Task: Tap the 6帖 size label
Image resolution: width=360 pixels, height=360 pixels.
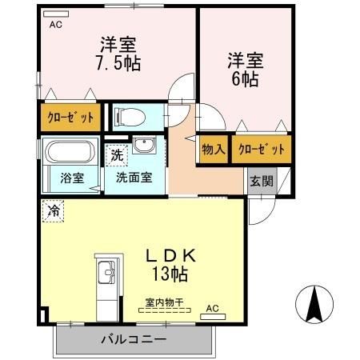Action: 246,80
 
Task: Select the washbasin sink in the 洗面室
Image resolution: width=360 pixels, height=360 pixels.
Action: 145,146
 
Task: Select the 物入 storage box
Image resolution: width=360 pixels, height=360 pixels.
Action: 214,150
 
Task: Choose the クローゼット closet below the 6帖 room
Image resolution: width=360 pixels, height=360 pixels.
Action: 261,150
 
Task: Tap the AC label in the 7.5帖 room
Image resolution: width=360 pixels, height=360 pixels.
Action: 56,25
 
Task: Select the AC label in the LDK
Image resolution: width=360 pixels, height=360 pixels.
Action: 212,307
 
